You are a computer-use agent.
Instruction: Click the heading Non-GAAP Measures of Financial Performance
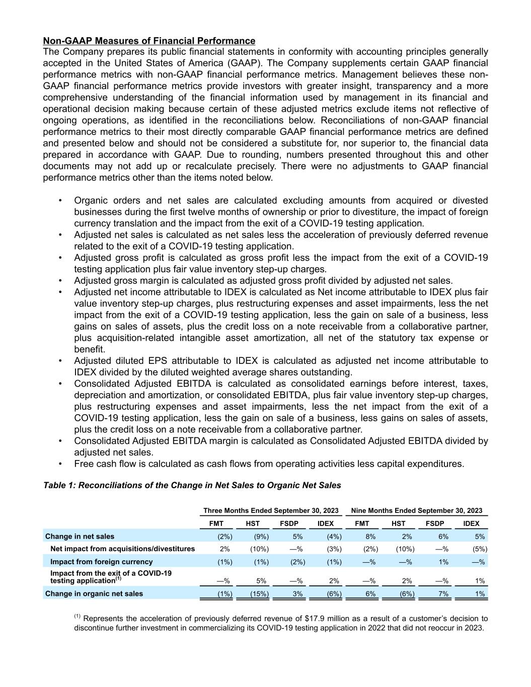[x=149, y=41]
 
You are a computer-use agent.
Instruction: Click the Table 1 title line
[x=192, y=485]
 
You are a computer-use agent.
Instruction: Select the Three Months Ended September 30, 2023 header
[x=271, y=510]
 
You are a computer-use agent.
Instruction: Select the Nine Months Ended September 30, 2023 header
[x=416, y=510]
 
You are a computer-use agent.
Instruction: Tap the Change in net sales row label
[x=80, y=536]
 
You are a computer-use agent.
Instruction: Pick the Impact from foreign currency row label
[x=101, y=561]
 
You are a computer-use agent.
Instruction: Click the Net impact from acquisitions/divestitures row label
[x=122, y=549]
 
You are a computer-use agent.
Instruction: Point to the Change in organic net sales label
[x=94, y=593]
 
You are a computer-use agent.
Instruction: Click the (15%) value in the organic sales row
[x=260, y=594]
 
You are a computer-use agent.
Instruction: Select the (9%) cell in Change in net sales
[x=261, y=537]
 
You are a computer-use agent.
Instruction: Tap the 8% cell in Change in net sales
[x=370, y=537]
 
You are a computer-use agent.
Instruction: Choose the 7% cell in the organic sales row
[x=443, y=594]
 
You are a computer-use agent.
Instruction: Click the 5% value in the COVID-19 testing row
[x=261, y=581]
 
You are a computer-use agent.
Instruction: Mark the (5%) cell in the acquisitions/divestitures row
[x=479, y=549]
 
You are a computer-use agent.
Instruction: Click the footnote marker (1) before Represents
[x=78, y=617]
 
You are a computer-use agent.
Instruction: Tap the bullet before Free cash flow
[x=60, y=464]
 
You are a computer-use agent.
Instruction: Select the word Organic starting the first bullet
[x=90, y=200]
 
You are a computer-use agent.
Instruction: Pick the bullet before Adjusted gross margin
[x=60, y=281]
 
